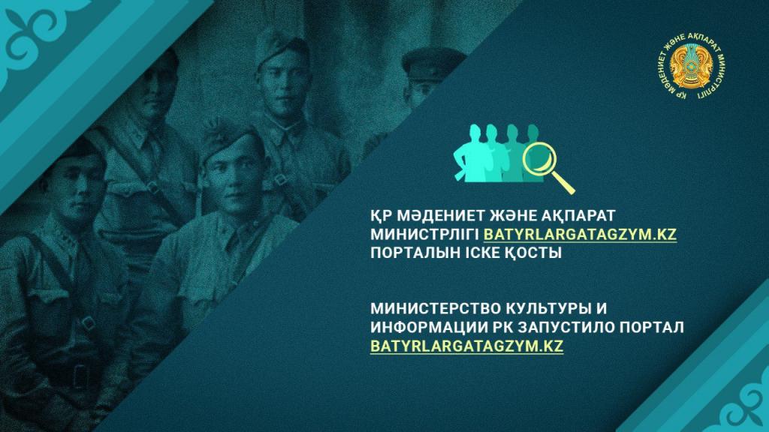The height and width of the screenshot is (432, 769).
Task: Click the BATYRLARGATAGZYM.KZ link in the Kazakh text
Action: coord(580,234)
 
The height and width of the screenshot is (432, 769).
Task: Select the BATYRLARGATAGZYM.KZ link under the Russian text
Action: coord(466,346)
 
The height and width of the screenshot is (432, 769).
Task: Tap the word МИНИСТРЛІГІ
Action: coord(425,234)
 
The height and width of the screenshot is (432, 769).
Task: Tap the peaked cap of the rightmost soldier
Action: coord(432,62)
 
